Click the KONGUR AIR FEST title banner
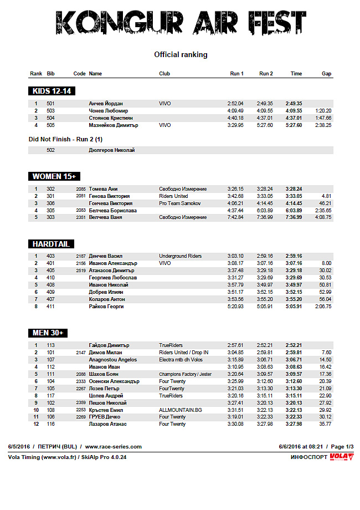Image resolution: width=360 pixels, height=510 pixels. point(181,23)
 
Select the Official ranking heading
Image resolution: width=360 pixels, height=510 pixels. point(181,55)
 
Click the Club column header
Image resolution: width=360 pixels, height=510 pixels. point(164,74)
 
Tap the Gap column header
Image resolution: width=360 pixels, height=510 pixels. point(327,74)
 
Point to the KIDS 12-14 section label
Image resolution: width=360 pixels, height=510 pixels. point(52,91)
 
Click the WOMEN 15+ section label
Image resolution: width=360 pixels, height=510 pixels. point(54,176)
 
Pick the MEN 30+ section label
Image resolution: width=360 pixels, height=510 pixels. point(48,333)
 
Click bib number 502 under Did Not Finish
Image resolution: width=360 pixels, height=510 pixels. point(51,150)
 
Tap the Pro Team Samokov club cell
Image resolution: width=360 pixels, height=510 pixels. point(179,203)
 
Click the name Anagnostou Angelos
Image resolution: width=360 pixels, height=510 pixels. point(113,360)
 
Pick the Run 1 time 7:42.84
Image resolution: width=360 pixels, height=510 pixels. point(235,218)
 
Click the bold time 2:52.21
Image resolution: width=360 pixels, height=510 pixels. point(294,345)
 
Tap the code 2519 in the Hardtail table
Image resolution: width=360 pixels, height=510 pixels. point(81,271)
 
